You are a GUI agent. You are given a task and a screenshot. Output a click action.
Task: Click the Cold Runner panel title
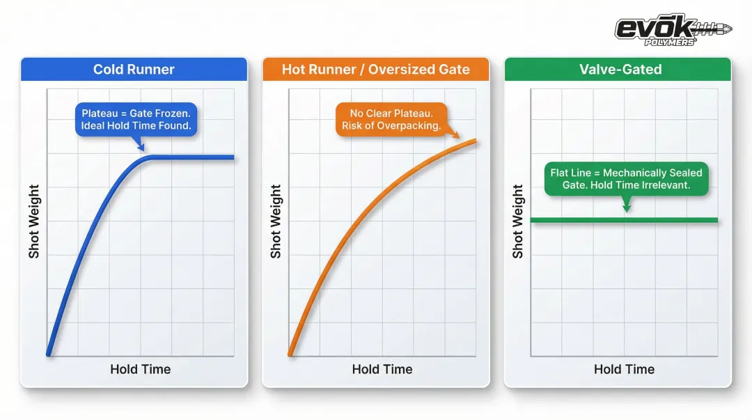coord(134,69)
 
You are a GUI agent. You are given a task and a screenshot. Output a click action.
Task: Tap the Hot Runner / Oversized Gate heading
coord(375,69)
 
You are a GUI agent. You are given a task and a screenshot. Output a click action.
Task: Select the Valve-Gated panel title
coord(620,69)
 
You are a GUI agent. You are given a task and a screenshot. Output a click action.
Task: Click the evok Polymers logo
coord(673,30)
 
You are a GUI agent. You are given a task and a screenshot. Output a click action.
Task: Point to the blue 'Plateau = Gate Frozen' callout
coord(136,120)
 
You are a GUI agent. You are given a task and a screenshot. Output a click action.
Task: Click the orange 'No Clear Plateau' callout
coord(391,120)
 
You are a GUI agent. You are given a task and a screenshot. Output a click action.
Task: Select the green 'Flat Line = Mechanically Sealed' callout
coord(627,178)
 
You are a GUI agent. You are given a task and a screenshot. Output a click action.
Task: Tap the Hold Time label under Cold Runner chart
coord(141,369)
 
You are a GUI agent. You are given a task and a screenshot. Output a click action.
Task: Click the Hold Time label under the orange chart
coord(382,369)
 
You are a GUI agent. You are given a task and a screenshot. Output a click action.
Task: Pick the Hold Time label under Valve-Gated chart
coord(624,369)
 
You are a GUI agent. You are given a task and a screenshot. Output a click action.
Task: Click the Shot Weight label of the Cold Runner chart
coord(34,221)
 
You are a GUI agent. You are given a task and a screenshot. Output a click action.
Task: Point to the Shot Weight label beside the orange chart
coord(276,221)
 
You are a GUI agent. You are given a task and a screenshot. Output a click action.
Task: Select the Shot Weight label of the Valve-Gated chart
coord(518,221)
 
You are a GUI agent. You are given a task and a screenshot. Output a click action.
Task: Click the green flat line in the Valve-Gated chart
coord(624,220)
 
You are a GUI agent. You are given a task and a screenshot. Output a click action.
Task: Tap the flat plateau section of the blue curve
coord(192,157)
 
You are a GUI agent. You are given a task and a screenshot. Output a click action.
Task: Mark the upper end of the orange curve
coord(476,141)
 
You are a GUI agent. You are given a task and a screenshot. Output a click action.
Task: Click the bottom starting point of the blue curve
coord(49,355)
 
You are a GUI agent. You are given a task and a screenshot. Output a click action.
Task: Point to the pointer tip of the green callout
coord(627,212)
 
